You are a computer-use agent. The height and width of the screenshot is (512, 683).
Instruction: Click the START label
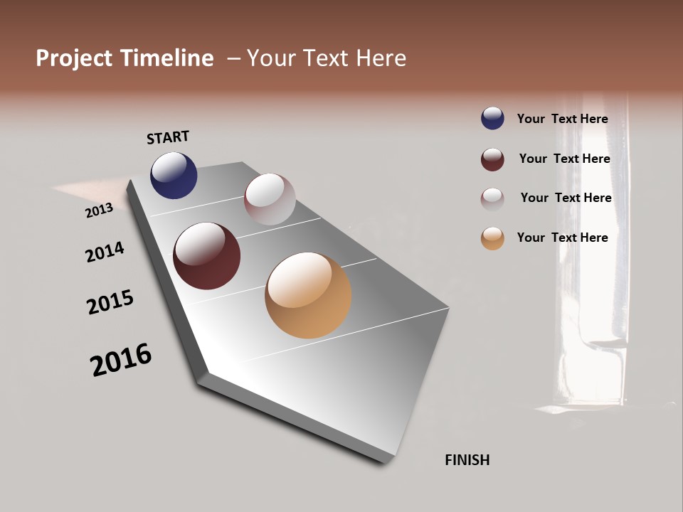pyautogui.click(x=168, y=137)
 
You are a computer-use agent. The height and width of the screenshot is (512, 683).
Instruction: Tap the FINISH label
pyautogui.click(x=467, y=460)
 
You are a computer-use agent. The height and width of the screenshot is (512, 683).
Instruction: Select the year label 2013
pyautogui.click(x=99, y=210)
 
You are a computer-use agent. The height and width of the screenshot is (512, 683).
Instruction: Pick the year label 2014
pyautogui.click(x=105, y=252)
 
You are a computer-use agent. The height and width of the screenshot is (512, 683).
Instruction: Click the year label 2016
pyautogui.click(x=121, y=360)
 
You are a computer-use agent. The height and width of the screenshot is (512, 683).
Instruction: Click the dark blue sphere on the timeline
pyautogui.click(x=174, y=175)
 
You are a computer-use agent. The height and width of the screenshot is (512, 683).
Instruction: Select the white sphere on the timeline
pyautogui.click(x=270, y=199)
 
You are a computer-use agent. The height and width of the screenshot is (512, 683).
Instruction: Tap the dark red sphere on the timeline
pyautogui.click(x=206, y=256)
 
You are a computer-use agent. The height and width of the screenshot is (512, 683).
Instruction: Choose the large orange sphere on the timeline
pyautogui.click(x=308, y=295)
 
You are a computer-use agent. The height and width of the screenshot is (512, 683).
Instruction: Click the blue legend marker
pyautogui.click(x=492, y=118)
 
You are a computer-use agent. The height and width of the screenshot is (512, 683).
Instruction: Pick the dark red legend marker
pyautogui.click(x=492, y=159)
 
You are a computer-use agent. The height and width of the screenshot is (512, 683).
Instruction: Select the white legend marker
pyautogui.click(x=492, y=199)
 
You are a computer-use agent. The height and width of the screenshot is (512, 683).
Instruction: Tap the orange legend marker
pyautogui.click(x=492, y=238)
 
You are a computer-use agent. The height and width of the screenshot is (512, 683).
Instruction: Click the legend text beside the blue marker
pyautogui.click(x=562, y=119)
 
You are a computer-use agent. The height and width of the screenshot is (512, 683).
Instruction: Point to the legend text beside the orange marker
pyautogui.click(x=562, y=238)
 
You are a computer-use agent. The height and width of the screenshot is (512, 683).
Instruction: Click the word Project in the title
pyautogui.click(x=75, y=58)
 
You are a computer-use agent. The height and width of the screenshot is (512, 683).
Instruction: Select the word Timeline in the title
pyautogui.click(x=169, y=58)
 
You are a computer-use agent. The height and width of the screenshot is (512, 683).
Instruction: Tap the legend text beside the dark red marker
pyautogui.click(x=564, y=159)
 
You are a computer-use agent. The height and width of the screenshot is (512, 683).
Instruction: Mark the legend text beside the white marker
pyautogui.click(x=566, y=198)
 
